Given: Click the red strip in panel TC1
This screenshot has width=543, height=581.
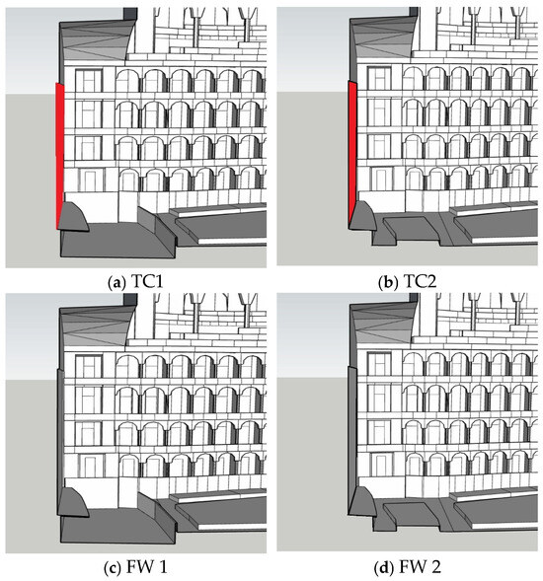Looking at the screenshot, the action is tap(59, 156).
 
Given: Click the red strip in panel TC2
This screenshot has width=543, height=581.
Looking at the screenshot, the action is tap(352, 155).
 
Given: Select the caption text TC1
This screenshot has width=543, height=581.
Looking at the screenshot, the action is tap(147, 282).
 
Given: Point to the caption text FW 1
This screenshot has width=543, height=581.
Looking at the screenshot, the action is tap(147, 567).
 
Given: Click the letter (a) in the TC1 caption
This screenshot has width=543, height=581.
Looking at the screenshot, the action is tap(115, 282).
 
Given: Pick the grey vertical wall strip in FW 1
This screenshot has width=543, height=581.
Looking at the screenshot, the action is tap(59, 441).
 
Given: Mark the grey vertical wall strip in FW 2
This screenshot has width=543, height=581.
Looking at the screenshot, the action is tap(352, 440).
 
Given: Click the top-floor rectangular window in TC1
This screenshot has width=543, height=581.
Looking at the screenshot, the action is tap(89, 81).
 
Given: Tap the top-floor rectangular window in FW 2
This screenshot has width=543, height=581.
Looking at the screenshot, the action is tap(379, 364).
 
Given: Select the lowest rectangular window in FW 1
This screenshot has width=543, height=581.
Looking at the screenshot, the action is tap(90, 466).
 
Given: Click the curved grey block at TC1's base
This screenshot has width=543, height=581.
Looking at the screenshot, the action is tap(74, 217).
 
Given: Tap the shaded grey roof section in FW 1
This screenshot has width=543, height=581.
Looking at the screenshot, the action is tap(97, 326).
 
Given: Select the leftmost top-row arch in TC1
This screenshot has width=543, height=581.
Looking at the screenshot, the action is tap(128, 81).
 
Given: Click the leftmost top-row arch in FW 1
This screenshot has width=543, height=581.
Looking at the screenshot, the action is tap(128, 366).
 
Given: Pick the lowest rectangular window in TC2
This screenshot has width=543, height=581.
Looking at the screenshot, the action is tap(380, 180).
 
